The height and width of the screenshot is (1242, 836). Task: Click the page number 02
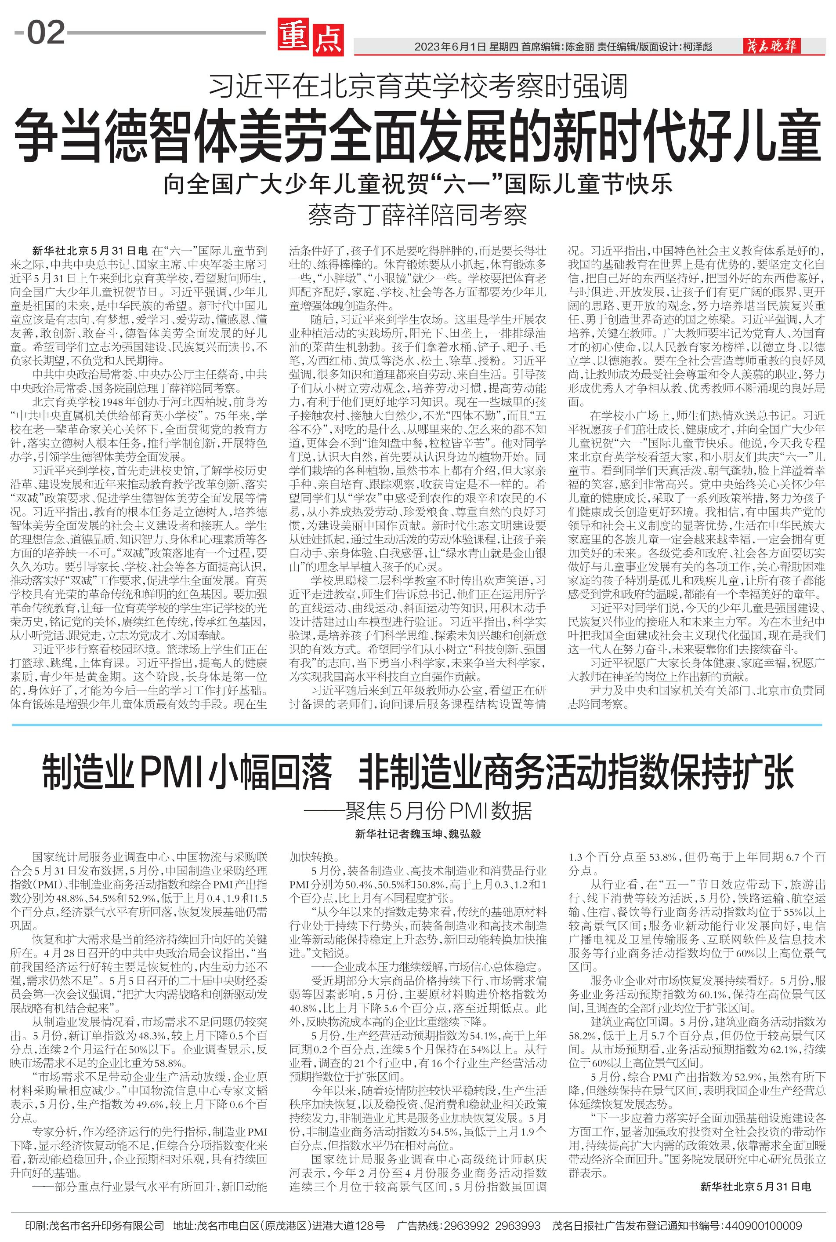[46, 33]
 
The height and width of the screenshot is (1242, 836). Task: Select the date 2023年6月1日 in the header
[451, 47]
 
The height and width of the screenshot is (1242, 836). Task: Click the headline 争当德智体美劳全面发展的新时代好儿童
[418, 136]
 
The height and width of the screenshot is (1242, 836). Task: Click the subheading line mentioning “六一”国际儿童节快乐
[418, 185]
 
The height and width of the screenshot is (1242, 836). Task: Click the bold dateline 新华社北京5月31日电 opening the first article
[90, 250]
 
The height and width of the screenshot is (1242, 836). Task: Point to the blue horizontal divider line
[418, 725]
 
